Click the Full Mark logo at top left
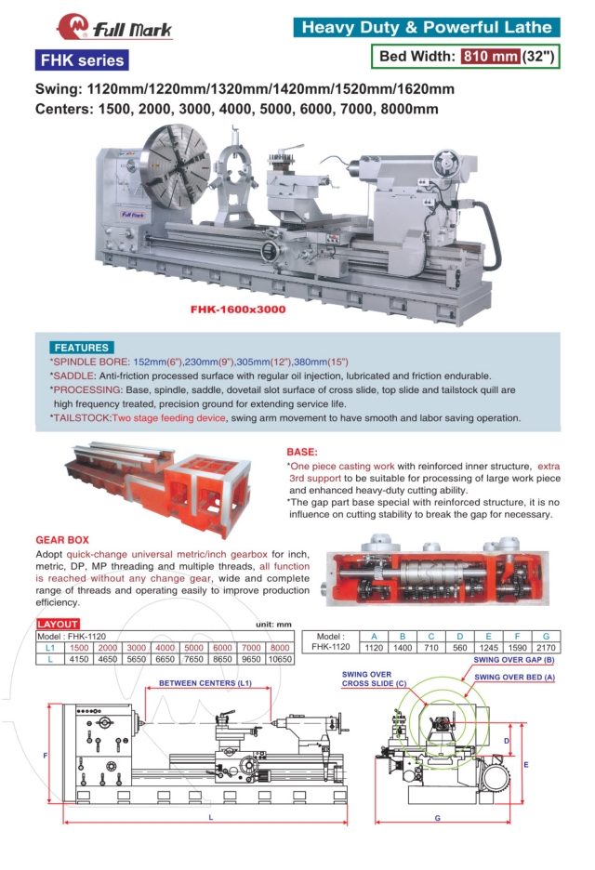pyautogui.click(x=114, y=28)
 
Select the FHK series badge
pyautogui.click(x=81, y=61)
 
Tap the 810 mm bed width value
pyautogui.click(x=490, y=56)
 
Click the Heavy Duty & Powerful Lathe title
pyautogui.click(x=427, y=28)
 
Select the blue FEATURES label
pyautogui.click(x=82, y=347)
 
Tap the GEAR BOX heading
pyautogui.click(x=62, y=539)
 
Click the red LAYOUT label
pyautogui.click(x=57, y=624)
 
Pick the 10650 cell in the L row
pyautogui.click(x=278, y=659)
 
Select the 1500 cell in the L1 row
pyautogui.click(x=79, y=647)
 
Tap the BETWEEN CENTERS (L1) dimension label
pyautogui.click(x=205, y=683)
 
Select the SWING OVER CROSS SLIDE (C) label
pyautogui.click(x=366, y=679)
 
